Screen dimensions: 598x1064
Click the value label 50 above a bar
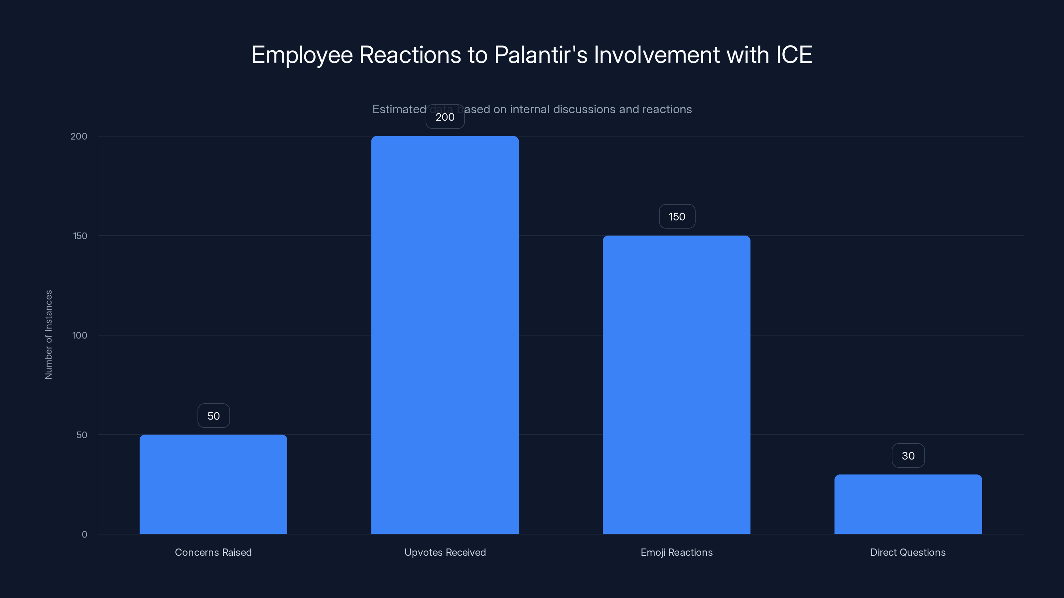213,416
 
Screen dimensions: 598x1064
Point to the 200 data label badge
445,117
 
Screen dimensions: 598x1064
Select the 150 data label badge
677,216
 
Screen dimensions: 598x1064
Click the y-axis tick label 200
79,136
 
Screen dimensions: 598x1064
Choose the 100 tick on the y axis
80,335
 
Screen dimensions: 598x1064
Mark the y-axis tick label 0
84,535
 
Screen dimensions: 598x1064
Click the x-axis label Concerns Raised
213,552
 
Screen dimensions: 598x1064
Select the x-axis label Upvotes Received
445,552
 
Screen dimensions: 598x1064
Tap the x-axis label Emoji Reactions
676,552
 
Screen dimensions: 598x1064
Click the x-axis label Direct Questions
908,552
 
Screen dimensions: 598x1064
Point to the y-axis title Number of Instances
48,335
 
